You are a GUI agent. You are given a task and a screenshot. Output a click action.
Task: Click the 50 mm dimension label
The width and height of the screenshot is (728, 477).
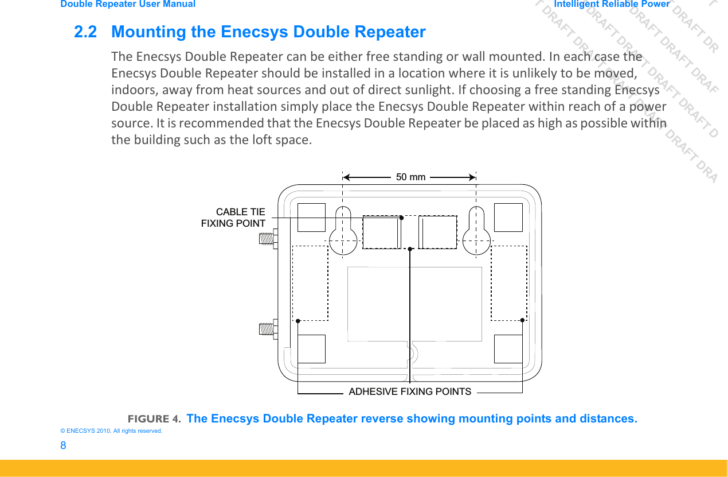[410, 177]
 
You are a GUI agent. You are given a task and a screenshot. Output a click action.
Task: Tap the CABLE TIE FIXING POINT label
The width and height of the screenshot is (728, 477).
[233, 218]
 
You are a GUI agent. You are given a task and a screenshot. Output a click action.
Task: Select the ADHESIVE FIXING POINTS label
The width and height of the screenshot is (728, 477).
[410, 391]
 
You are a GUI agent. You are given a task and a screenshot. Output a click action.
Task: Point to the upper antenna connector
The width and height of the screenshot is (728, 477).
[267, 238]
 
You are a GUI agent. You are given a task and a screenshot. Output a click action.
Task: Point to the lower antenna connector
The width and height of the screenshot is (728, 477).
[267, 328]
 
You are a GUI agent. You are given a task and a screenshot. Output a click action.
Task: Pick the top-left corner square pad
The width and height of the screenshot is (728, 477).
[311, 218]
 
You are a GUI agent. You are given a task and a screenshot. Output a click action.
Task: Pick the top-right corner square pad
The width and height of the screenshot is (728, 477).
[508, 218]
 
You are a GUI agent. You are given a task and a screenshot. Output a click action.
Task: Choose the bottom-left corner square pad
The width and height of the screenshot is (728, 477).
[311, 349]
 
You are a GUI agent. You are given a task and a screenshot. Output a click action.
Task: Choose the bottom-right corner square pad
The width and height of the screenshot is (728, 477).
[508, 349]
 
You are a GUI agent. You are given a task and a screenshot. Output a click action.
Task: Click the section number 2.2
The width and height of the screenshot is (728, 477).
[85, 32]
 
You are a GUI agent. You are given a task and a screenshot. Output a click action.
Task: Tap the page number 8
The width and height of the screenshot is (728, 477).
[63, 446]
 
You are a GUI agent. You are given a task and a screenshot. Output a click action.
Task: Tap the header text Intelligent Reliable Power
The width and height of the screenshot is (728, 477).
[612, 4]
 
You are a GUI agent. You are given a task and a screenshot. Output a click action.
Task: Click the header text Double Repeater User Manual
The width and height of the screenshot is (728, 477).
[128, 4]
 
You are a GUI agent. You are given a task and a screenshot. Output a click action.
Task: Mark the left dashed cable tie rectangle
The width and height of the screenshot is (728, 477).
[381, 232]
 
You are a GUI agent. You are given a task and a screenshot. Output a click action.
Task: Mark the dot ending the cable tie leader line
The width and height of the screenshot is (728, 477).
[401, 218]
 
